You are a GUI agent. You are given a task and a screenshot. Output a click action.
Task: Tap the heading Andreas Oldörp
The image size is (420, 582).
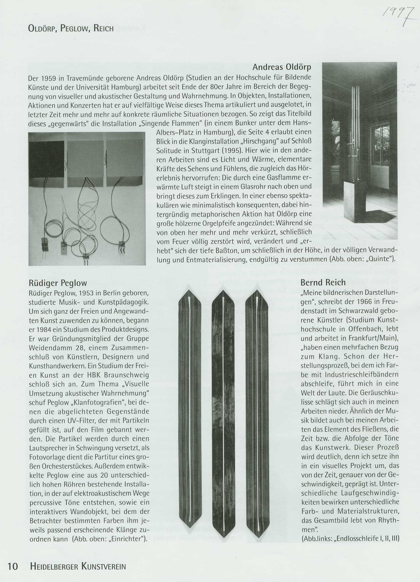click(x=282, y=67)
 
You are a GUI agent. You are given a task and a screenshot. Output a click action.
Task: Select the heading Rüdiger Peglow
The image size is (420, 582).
click(x=58, y=283)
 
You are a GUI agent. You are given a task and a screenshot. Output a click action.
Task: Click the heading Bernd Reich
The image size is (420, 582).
click(x=323, y=282)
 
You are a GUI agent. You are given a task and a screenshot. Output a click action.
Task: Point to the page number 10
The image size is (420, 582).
click(x=13, y=566)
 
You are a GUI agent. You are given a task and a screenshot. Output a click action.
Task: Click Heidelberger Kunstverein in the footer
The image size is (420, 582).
click(x=78, y=566)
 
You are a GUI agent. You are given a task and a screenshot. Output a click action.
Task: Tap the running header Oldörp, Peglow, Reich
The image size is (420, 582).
click(x=71, y=28)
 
